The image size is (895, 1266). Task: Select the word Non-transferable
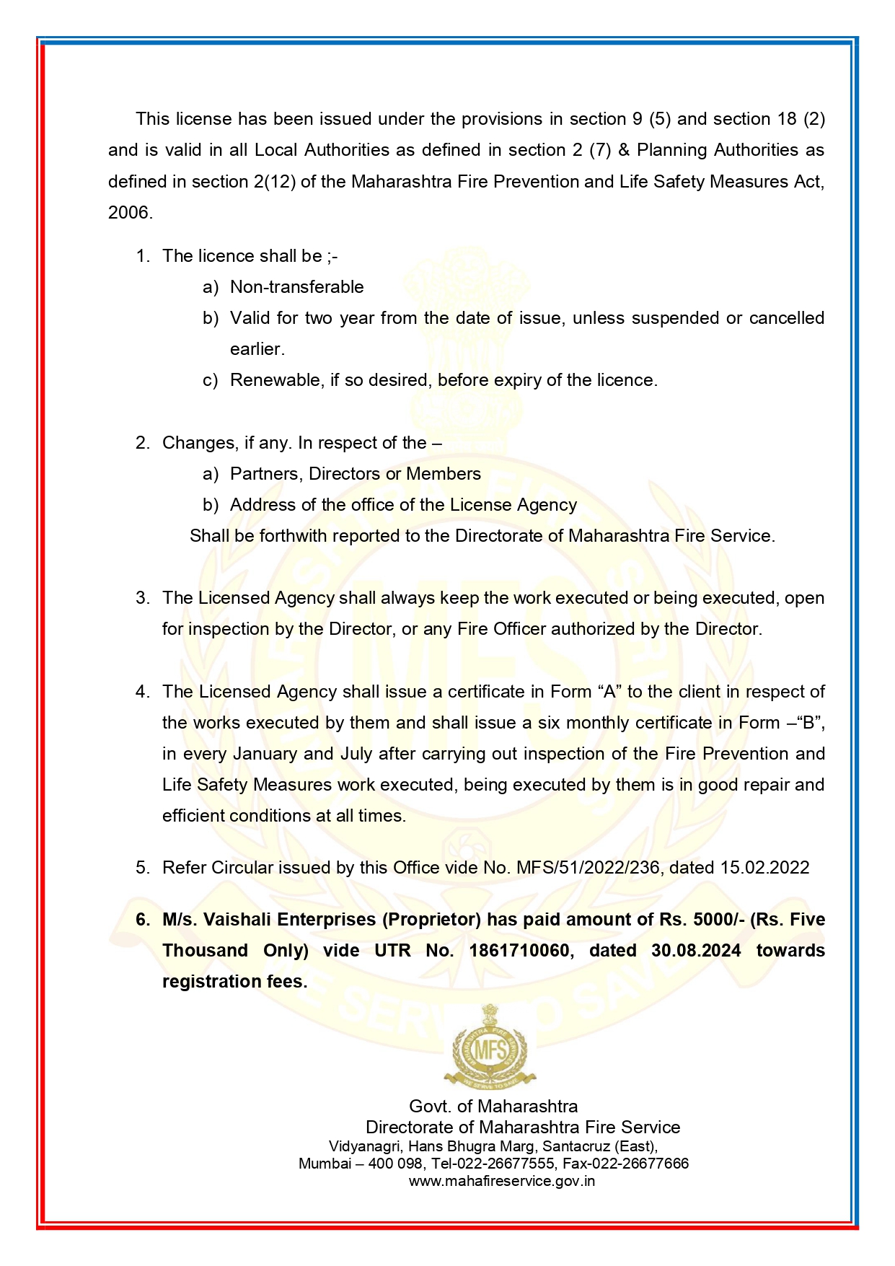point(296,287)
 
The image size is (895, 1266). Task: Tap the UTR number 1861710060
point(519,951)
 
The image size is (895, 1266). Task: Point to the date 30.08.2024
point(696,951)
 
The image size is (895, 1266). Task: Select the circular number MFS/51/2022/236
point(588,868)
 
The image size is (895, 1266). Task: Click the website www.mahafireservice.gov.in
point(501,1182)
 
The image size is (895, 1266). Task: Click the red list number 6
point(143,920)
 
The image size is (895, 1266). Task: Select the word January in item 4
point(265,754)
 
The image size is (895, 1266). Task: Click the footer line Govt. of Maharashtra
point(493,1107)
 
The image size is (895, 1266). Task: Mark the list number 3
point(142,598)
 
